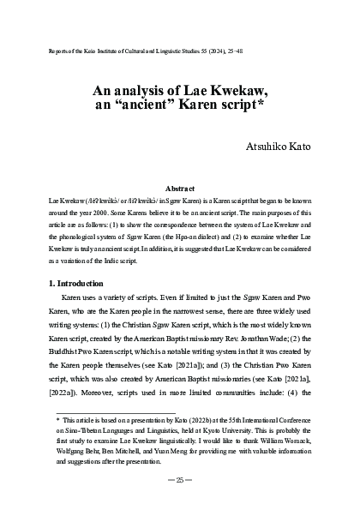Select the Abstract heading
coord(180,187)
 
